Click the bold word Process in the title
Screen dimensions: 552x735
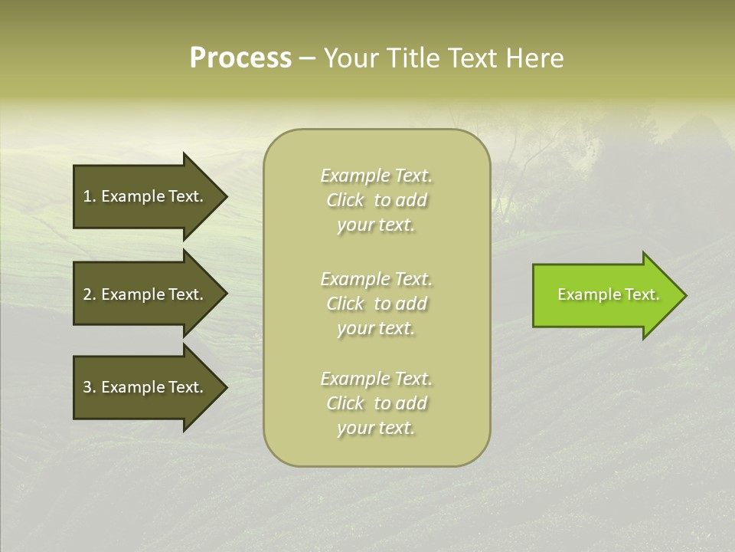click(x=240, y=58)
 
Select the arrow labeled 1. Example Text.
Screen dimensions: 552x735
click(x=145, y=196)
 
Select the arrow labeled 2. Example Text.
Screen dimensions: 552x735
click(x=145, y=294)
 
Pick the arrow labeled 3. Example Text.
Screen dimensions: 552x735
click(x=145, y=387)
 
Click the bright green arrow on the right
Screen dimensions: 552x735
click(x=605, y=295)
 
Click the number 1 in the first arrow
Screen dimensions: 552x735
click(x=87, y=196)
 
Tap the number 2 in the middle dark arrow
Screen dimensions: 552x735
click(x=87, y=294)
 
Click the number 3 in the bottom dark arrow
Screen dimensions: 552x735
click(x=87, y=387)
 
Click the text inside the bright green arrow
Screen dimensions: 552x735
click(x=608, y=294)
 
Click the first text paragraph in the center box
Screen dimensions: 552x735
click(x=376, y=200)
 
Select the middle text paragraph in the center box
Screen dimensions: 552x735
click(x=376, y=304)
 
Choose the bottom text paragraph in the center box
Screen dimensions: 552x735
click(x=376, y=403)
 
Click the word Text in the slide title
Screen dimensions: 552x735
click(x=475, y=58)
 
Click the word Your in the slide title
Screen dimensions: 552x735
click(x=350, y=58)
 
